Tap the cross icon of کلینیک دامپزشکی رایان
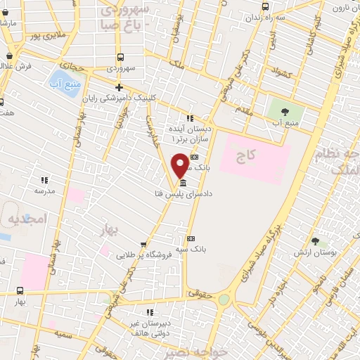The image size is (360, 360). [120, 88]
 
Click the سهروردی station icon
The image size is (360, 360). [121, 58]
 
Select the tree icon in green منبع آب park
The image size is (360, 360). [285, 111]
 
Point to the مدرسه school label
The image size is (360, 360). [44, 190]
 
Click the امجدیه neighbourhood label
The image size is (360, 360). [27, 219]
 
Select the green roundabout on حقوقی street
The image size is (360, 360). [224, 300]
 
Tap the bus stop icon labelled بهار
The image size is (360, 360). [20, 290]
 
